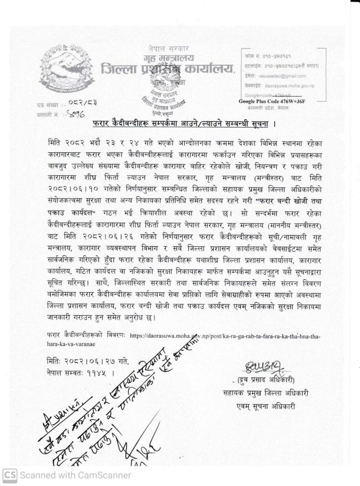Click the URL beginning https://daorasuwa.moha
224,336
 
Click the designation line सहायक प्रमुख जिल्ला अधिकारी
265,393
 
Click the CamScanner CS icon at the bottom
10,475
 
